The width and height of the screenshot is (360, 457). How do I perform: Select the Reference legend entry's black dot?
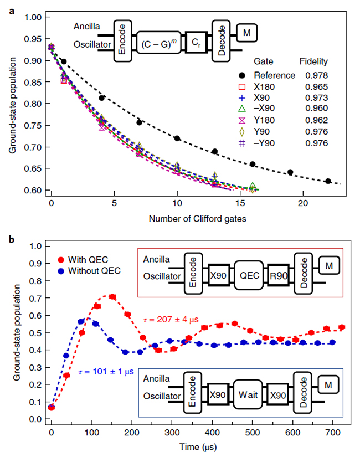[241, 75]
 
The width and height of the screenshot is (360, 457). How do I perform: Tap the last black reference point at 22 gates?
[328, 181]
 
